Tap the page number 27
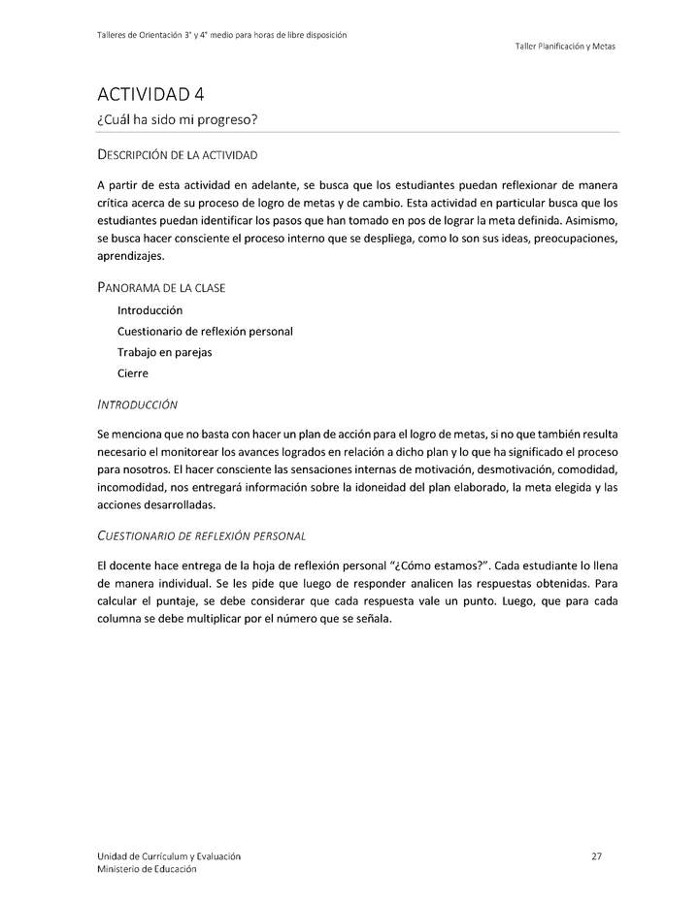pos(596,856)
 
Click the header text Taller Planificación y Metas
pos(565,46)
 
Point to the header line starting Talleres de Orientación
pos(222,35)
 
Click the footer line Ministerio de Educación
pos(146,869)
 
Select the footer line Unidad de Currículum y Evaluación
pos(169,856)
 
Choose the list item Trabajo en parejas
pos(164,352)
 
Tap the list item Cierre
pos(133,373)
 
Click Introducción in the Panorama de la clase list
pos(150,310)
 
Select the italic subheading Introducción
pos(137,403)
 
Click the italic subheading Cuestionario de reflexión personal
pos(202,534)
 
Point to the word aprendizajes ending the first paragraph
pos(131,256)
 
